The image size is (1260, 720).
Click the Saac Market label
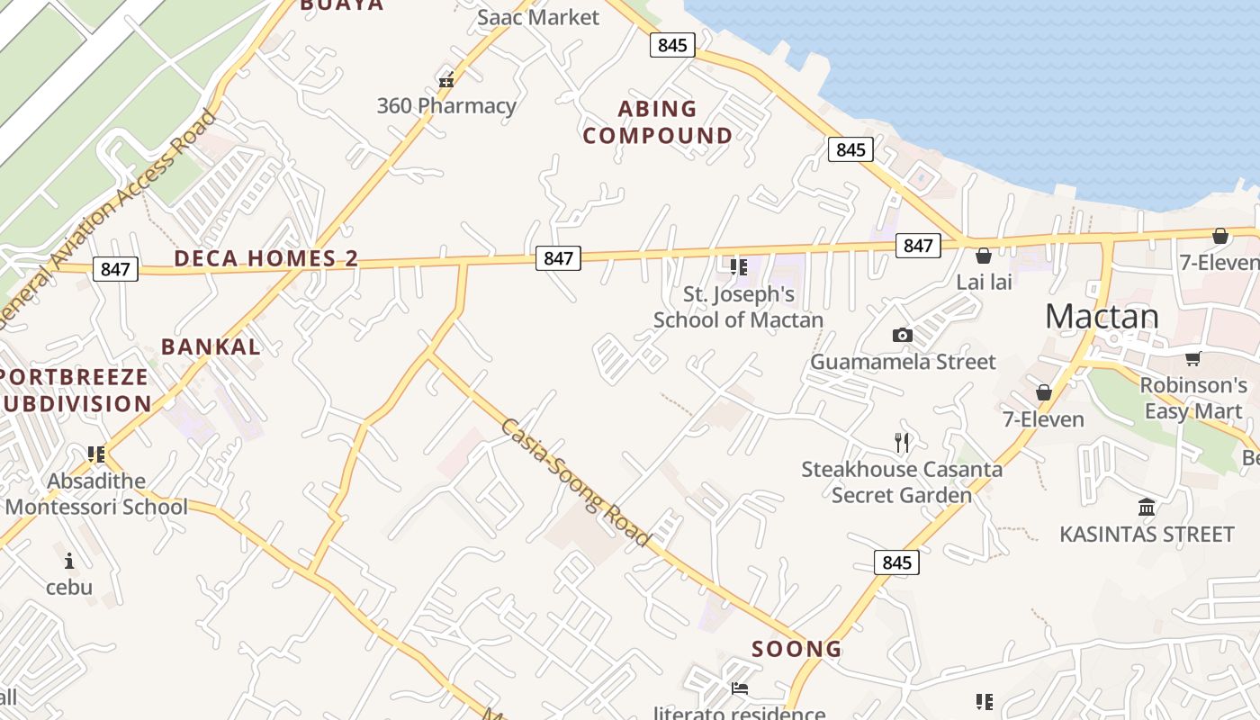click(x=538, y=17)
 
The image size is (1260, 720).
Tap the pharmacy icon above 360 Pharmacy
click(x=445, y=80)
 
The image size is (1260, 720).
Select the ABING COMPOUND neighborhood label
click(x=657, y=122)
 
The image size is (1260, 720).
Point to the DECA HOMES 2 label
click(x=266, y=258)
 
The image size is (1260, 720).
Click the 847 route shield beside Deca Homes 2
click(x=115, y=268)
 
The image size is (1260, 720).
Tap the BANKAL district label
click(x=211, y=346)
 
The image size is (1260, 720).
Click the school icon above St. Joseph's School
click(x=739, y=266)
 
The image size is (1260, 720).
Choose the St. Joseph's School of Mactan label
click(x=739, y=307)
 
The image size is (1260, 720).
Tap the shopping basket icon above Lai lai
click(x=984, y=256)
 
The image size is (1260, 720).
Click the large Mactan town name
click(x=1102, y=316)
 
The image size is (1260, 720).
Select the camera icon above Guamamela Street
click(x=903, y=336)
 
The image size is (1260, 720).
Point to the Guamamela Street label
click(x=903, y=362)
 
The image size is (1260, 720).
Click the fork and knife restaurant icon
click(x=903, y=442)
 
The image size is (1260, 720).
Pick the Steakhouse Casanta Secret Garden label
click(x=902, y=481)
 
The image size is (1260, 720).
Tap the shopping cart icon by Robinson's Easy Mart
click(x=1193, y=358)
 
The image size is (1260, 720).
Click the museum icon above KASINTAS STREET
click(x=1147, y=508)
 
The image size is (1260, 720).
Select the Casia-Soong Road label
click(x=575, y=482)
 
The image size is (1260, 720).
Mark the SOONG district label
click(x=796, y=649)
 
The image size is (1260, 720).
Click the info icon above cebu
click(x=69, y=562)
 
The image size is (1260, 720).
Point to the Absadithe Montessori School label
click(x=96, y=494)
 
